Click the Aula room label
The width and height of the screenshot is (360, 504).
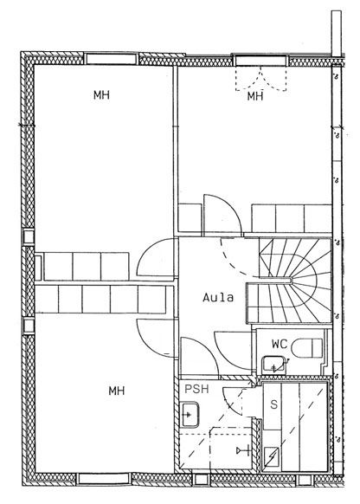(218, 297)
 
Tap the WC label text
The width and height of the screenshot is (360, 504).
(280, 344)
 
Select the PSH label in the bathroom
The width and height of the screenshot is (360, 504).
(196, 389)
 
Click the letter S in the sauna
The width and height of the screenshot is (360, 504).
(273, 404)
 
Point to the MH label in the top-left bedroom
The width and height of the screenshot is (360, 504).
(101, 94)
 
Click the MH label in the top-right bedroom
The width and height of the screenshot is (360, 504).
(255, 96)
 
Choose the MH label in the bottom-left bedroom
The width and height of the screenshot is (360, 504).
(117, 391)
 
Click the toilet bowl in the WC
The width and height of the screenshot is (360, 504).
(306, 348)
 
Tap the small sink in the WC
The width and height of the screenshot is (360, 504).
(273, 365)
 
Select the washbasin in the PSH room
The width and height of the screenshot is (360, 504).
(190, 415)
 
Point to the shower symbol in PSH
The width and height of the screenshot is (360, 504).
(244, 450)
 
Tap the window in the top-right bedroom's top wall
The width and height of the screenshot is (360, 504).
(260, 60)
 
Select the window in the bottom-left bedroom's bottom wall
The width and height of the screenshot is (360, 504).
(104, 478)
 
